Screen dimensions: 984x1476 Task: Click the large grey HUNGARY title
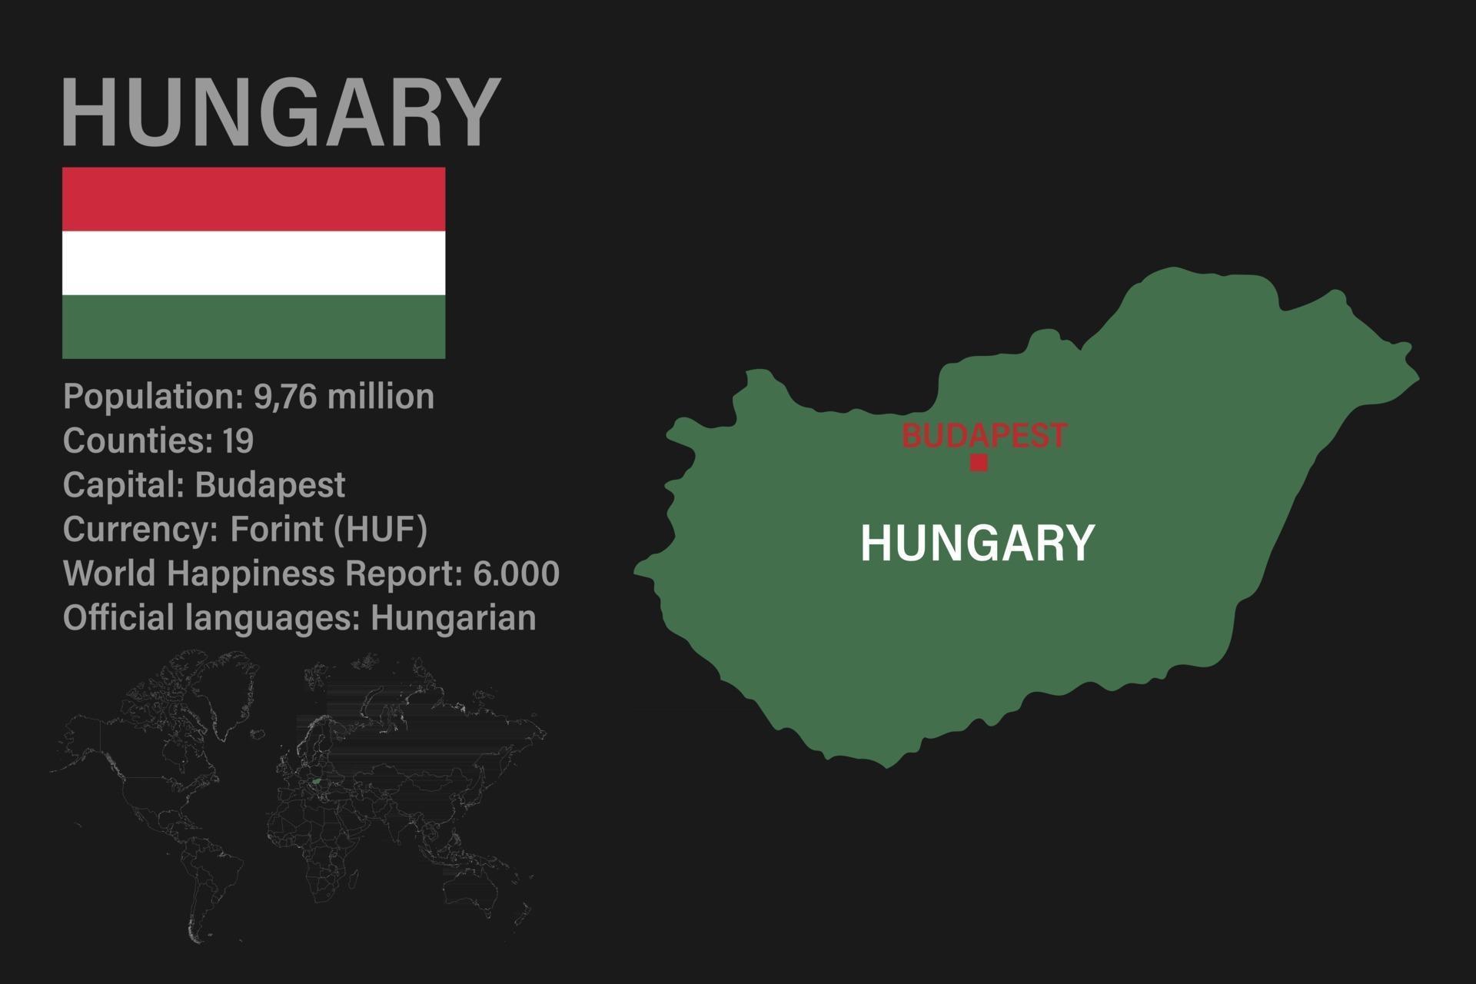click(x=281, y=112)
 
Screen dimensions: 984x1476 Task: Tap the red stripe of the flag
click(x=254, y=198)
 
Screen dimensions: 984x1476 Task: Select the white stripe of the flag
click(x=254, y=263)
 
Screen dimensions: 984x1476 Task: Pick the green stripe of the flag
click(x=254, y=327)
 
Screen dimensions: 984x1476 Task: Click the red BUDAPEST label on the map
click(x=984, y=435)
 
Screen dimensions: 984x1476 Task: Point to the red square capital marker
click(x=979, y=463)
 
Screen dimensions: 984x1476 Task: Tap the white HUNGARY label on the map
click(x=977, y=543)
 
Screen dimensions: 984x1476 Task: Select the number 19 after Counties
click(x=238, y=441)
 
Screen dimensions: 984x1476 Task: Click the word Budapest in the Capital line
click(x=270, y=485)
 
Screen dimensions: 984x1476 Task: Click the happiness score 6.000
click(x=516, y=573)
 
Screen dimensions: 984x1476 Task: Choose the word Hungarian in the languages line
click(x=454, y=618)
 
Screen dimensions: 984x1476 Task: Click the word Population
click(x=151, y=397)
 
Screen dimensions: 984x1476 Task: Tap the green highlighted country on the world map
click(x=316, y=781)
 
